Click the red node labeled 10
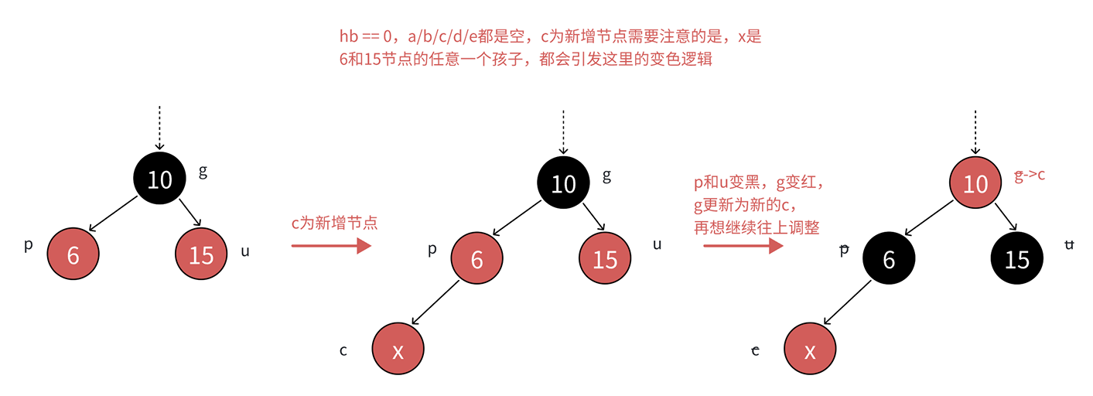(975, 183)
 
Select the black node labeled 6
(889, 260)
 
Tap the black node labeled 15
(1016, 260)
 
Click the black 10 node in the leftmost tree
(159, 179)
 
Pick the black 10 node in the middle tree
(563, 183)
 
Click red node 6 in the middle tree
(476, 260)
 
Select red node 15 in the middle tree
(605, 260)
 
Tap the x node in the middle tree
(398, 350)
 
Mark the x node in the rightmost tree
(810, 350)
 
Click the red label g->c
(1030, 175)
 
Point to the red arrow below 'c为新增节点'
(330, 246)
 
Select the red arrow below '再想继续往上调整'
(743, 247)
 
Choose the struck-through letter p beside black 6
(845, 249)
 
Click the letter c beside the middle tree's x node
(343, 350)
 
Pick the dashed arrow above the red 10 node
(975, 131)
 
